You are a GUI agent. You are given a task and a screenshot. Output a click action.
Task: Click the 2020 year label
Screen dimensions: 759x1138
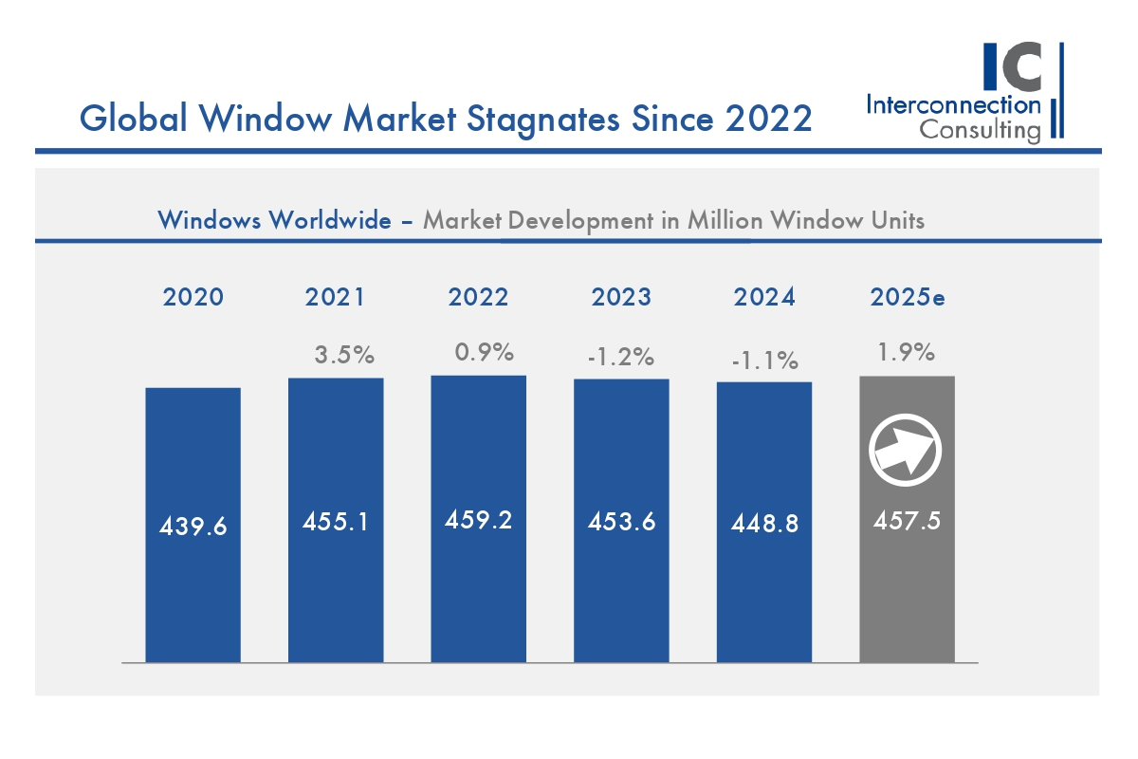click(193, 297)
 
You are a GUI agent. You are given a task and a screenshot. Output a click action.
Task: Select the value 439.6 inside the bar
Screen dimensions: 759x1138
click(193, 526)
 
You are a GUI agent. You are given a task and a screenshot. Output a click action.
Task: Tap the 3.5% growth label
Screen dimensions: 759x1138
click(344, 356)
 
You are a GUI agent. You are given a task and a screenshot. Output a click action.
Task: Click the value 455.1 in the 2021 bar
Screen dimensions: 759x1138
click(336, 522)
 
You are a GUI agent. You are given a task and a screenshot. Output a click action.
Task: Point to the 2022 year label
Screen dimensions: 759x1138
click(478, 297)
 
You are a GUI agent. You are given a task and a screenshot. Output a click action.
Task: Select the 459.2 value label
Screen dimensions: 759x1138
click(478, 520)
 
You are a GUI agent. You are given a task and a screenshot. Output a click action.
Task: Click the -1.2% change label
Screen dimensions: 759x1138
click(621, 357)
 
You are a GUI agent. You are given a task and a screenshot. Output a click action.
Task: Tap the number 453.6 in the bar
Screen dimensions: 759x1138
click(621, 522)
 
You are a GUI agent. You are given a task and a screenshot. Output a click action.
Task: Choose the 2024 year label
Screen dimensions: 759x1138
click(764, 297)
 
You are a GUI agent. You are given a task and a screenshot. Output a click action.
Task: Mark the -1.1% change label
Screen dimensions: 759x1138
click(765, 361)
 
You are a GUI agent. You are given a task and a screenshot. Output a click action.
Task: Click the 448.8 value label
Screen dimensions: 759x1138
click(764, 524)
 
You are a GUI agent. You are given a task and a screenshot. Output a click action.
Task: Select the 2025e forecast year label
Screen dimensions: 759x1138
click(908, 297)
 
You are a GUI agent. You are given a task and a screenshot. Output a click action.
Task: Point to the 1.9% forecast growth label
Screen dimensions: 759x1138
click(908, 353)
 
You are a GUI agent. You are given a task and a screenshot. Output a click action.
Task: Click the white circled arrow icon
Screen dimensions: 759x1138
click(907, 447)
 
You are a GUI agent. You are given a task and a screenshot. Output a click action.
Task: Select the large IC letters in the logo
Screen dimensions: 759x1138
click(1014, 66)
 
